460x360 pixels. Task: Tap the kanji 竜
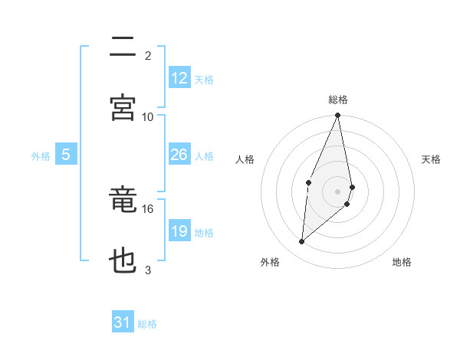click(x=123, y=201)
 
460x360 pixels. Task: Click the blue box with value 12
click(x=179, y=78)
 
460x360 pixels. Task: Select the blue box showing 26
click(x=179, y=155)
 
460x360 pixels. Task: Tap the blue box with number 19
click(x=179, y=231)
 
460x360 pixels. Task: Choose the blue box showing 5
click(x=66, y=155)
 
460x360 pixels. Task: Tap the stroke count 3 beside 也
click(x=148, y=270)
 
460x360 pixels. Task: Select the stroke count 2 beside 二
click(x=148, y=55)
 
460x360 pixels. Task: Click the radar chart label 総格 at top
click(x=338, y=100)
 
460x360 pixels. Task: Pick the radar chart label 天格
click(x=432, y=159)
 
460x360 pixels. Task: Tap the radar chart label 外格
click(x=270, y=262)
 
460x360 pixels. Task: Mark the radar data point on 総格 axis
click(x=338, y=116)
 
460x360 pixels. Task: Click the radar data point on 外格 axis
click(x=302, y=242)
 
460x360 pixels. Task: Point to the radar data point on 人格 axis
click(x=308, y=182)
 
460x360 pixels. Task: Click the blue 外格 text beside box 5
click(x=41, y=155)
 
